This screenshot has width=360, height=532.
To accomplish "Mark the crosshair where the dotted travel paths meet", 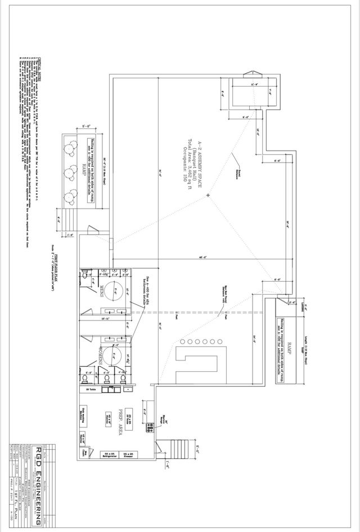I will point(209,195).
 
